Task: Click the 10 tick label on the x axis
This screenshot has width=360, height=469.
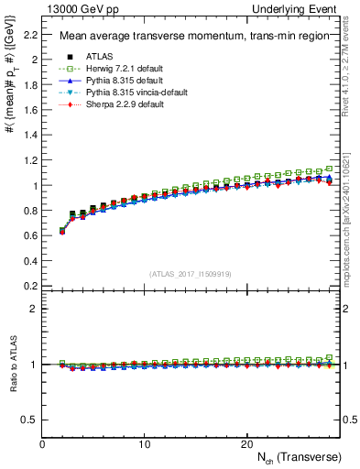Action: pyautogui.click(x=144, y=443)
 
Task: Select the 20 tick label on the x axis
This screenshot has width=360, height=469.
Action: pyautogui.click(x=245, y=443)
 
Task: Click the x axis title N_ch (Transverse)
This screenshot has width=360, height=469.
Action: pyautogui.click(x=299, y=457)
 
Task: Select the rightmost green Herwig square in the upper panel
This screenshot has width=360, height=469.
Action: pyautogui.click(x=329, y=169)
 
